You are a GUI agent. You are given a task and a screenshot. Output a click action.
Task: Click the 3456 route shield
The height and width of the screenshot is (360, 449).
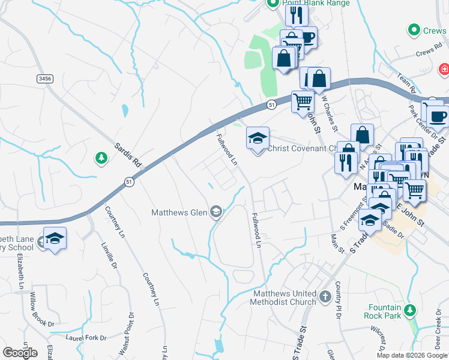(44, 78)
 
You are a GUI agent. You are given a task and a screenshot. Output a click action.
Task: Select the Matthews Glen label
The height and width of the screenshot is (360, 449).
(179, 212)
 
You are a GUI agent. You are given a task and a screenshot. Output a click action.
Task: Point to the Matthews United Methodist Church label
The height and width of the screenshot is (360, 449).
(284, 298)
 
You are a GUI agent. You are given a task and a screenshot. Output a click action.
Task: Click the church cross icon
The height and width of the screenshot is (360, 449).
(325, 296)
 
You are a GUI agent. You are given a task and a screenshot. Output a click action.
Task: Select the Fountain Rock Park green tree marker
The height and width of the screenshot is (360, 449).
(410, 310)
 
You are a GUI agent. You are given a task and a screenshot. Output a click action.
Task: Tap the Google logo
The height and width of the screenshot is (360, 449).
(20, 352)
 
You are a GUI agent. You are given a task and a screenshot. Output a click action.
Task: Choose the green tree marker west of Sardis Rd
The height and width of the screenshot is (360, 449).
(101, 158)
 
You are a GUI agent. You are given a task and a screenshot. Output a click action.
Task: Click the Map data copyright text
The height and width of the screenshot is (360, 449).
(412, 355)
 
